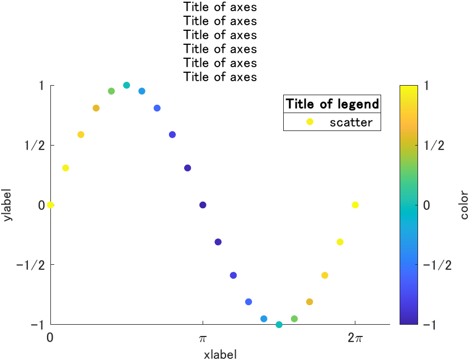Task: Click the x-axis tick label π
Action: [203, 338]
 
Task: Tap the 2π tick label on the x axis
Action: [355, 338]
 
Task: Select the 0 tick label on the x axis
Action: [50, 338]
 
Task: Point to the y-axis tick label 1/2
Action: [34, 146]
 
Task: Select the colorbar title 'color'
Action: [463, 205]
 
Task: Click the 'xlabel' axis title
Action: [220, 354]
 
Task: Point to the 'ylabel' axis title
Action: [7, 205]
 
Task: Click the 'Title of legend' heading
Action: [332, 104]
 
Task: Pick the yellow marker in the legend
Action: [309, 122]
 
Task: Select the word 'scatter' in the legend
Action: [351, 122]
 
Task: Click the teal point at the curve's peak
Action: [126, 85]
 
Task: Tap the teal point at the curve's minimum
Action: [279, 325]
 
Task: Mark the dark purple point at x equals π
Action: [203, 205]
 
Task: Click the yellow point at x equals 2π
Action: [355, 205]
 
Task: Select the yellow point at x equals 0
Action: [50, 205]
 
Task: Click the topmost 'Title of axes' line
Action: [220, 7]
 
